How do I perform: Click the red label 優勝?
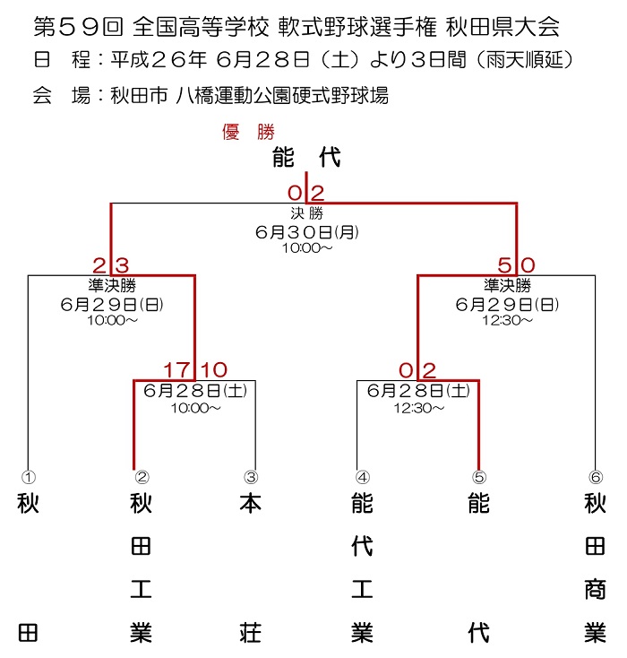(x=248, y=132)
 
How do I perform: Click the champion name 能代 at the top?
(x=306, y=158)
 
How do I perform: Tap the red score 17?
(x=176, y=370)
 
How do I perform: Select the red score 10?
(x=214, y=370)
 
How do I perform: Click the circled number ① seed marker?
(x=29, y=477)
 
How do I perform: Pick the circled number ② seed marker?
(x=142, y=477)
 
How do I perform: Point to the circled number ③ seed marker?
(x=251, y=477)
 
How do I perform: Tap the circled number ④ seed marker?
(x=363, y=477)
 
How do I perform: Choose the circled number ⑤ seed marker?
(x=479, y=477)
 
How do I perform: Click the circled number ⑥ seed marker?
(x=596, y=477)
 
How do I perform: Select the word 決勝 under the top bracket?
(x=307, y=213)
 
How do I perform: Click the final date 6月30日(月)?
(x=307, y=231)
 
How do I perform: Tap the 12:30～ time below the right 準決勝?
(x=507, y=321)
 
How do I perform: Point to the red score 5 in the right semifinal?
(x=504, y=265)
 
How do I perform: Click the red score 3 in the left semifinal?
(x=122, y=265)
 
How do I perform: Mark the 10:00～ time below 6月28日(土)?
(x=195, y=408)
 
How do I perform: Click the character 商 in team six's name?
(x=596, y=590)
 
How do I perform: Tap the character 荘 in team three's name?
(x=251, y=633)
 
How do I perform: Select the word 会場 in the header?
(x=62, y=96)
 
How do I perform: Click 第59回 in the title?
(x=79, y=27)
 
